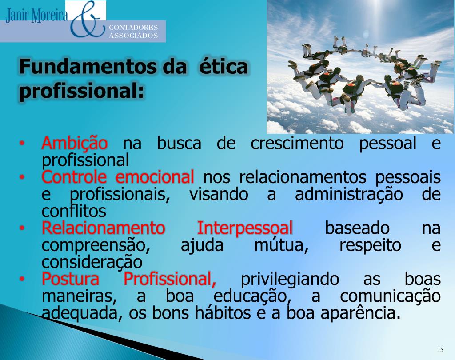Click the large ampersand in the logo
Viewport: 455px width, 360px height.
pyautogui.click(x=87, y=20)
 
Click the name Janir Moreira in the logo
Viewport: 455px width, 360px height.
pyautogui.click(x=36, y=16)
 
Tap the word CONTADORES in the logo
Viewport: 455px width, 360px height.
pyautogui.click(x=133, y=28)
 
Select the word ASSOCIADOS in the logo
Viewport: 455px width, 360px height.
pyautogui.click(x=133, y=36)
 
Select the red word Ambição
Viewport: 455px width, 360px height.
pyautogui.click(x=74, y=144)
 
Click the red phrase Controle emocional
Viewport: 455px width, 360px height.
pyautogui.click(x=118, y=177)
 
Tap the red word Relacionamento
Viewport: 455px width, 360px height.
pyautogui.click(x=103, y=228)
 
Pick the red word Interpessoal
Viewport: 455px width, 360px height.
pyautogui.click(x=245, y=228)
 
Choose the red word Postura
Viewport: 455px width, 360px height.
pyautogui.click(x=70, y=280)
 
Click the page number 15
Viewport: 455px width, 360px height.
pyautogui.click(x=440, y=348)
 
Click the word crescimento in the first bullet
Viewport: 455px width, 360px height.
pyautogui.click(x=297, y=144)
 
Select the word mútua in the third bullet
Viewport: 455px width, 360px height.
pyautogui.click(x=281, y=245)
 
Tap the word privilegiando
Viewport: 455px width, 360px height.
pyautogui.click(x=289, y=280)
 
